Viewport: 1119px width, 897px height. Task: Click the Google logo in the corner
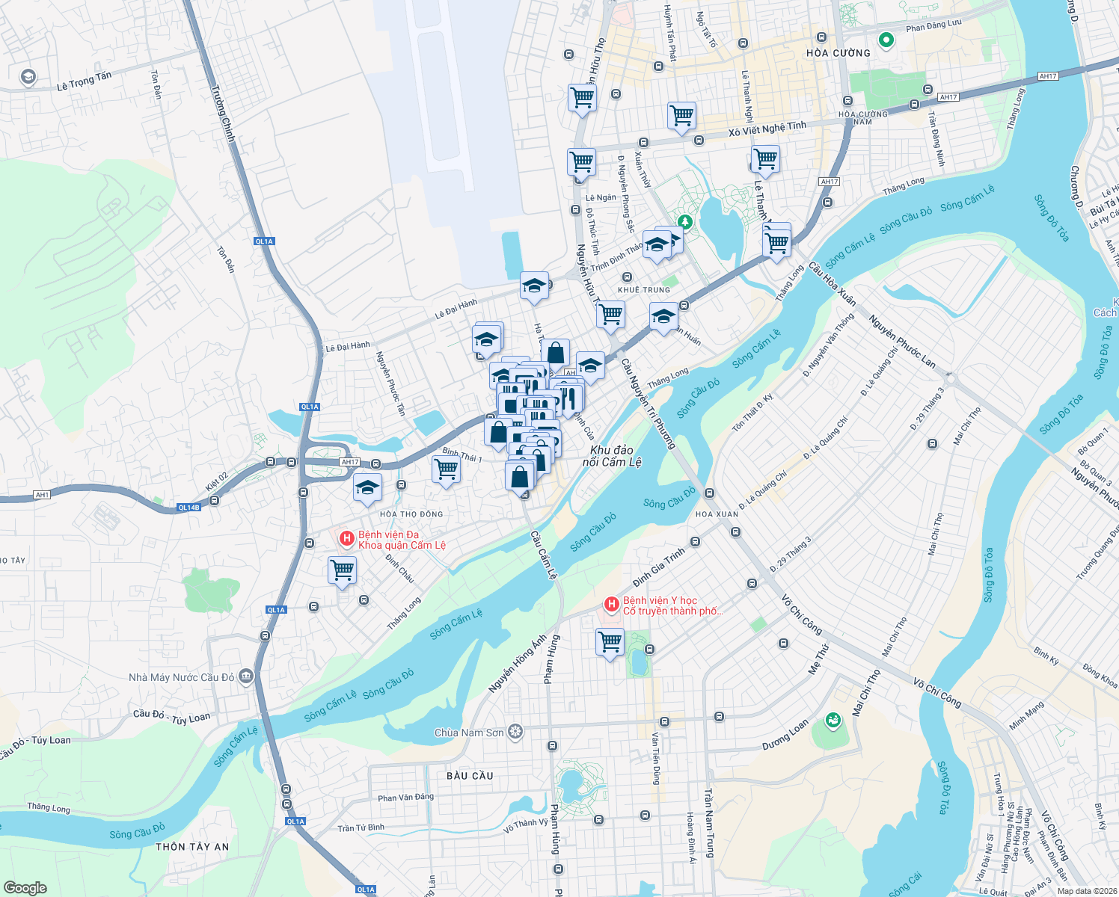(x=25, y=887)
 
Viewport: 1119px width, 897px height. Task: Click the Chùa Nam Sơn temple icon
(x=515, y=732)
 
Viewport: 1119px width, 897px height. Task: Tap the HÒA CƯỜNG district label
(x=838, y=53)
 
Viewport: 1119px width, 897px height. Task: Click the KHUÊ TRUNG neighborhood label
(x=644, y=290)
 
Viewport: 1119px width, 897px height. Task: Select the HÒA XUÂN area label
(x=717, y=514)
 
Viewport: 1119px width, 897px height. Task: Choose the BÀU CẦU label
(x=470, y=776)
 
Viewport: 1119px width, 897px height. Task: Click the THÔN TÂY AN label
(x=192, y=847)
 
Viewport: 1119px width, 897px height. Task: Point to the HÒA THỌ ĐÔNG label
(x=411, y=514)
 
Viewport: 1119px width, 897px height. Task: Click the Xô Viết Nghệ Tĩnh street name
(x=767, y=129)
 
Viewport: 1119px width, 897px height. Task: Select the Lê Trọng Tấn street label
(x=84, y=81)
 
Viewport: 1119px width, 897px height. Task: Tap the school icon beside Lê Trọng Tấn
(x=28, y=77)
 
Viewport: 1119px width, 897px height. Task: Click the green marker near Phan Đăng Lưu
(x=886, y=40)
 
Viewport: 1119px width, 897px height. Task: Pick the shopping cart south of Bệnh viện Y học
(x=610, y=641)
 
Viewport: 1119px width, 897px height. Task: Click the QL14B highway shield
(x=188, y=508)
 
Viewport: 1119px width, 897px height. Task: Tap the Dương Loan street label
(x=785, y=735)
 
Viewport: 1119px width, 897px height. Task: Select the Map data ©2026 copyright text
(x=1086, y=891)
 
